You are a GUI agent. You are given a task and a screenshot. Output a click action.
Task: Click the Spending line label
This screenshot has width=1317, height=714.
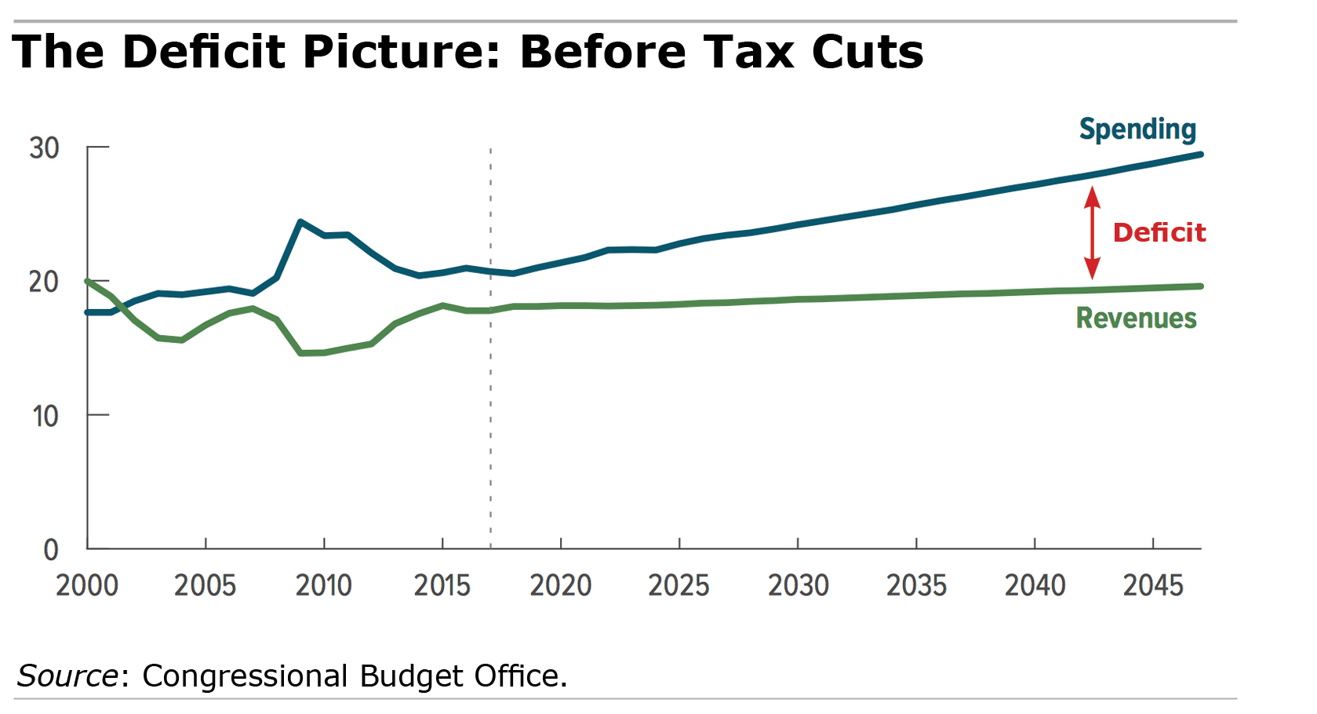click(1137, 129)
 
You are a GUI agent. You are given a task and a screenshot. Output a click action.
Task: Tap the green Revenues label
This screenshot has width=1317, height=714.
click(1136, 318)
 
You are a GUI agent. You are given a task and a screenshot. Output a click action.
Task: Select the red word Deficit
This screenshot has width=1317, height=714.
click(1159, 232)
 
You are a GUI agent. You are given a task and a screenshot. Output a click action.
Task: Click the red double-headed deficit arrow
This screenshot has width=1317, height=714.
click(1092, 232)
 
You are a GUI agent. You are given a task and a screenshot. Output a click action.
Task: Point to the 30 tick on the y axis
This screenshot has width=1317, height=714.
click(44, 148)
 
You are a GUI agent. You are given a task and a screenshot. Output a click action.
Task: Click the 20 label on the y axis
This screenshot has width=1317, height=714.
click(44, 282)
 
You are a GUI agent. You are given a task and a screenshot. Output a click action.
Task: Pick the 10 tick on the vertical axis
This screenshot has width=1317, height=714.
click(45, 416)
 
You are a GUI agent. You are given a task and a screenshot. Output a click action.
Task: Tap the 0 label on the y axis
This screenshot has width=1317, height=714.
click(51, 549)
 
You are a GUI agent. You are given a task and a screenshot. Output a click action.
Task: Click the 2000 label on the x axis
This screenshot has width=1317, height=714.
click(86, 585)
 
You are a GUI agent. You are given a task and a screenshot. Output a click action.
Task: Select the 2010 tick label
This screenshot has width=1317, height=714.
click(323, 585)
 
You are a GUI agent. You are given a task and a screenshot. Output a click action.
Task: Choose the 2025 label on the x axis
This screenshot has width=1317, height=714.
click(679, 585)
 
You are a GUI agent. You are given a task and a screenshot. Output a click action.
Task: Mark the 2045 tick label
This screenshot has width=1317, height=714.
click(1152, 585)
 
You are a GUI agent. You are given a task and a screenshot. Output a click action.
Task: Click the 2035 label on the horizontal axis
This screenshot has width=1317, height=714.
click(916, 585)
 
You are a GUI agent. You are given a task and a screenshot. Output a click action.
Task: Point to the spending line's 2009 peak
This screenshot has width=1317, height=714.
click(300, 222)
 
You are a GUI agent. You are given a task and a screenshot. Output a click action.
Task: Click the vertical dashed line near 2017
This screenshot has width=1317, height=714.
click(491, 392)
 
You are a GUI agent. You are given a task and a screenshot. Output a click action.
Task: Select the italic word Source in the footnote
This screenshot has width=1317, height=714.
click(67, 676)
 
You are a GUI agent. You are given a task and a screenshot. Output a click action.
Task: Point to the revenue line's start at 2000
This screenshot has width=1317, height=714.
click(88, 281)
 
